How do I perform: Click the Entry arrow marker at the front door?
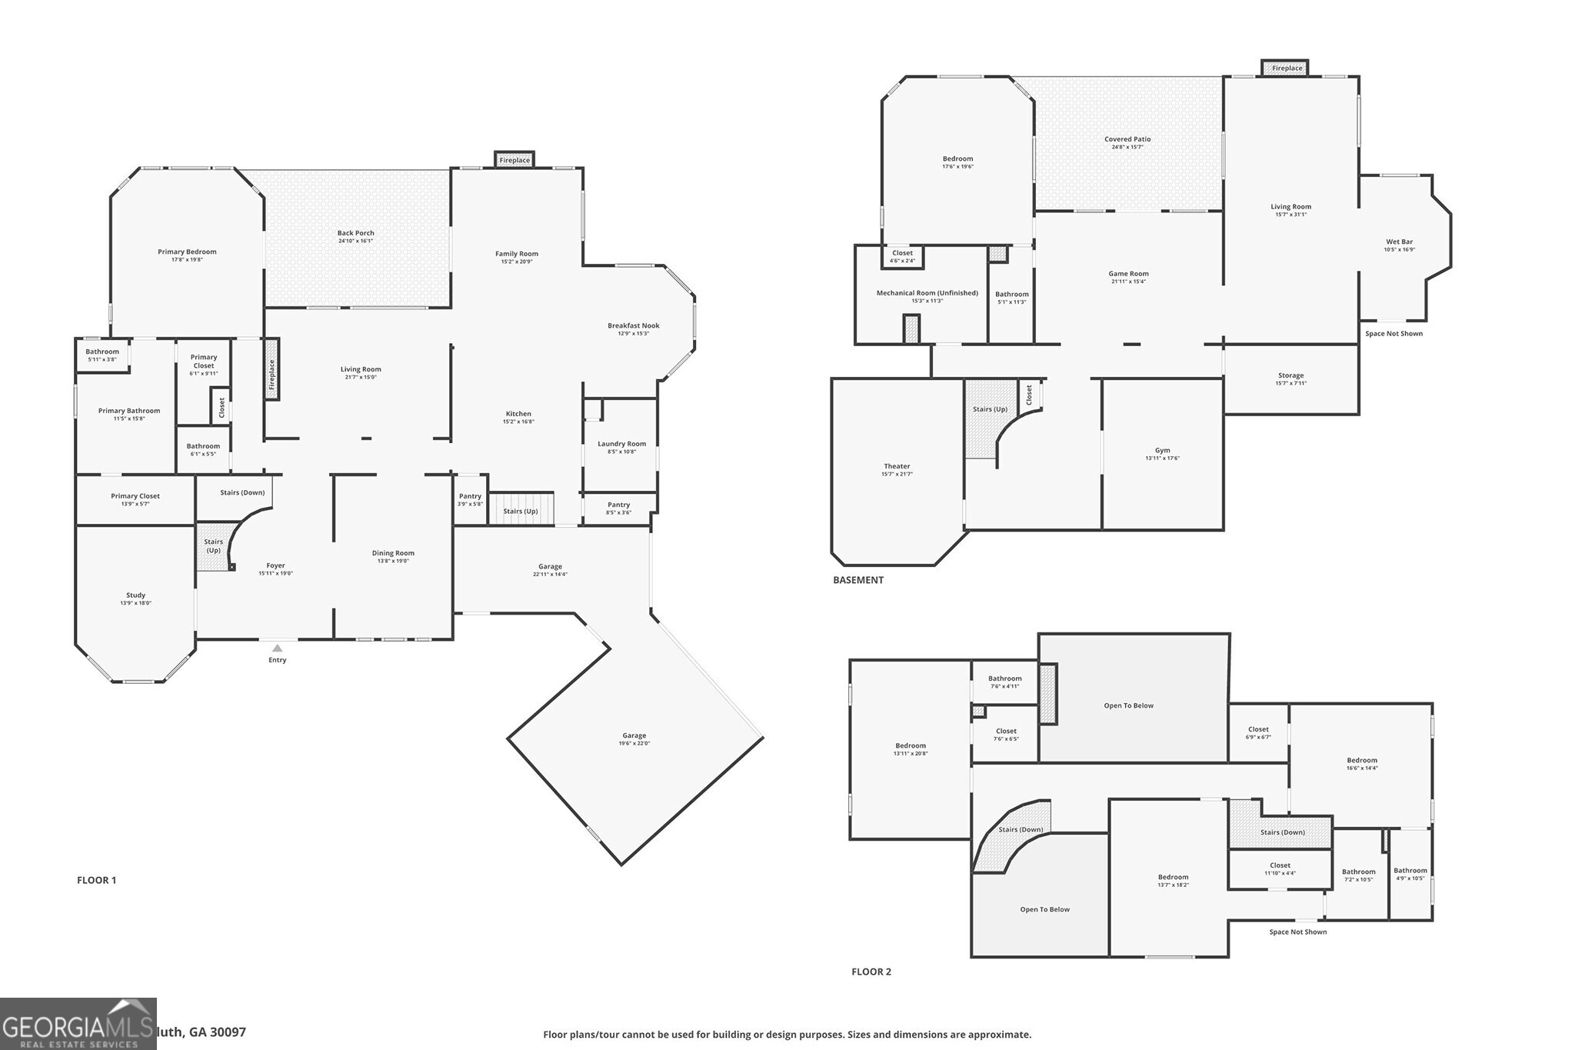pos(277,648)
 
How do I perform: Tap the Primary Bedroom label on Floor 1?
pos(187,252)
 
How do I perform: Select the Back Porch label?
pos(355,233)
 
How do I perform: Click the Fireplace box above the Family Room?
pos(514,160)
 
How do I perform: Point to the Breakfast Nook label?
pos(633,325)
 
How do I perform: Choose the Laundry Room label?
pos(621,444)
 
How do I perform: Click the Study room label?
pos(135,595)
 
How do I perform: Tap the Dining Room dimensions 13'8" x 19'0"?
pos(393,562)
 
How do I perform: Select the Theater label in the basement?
pos(897,466)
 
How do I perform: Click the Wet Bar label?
pos(1399,242)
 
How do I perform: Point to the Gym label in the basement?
pos(1162,450)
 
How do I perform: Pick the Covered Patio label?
pos(1127,139)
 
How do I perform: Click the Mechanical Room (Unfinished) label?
pos(927,293)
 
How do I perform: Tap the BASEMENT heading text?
pos(858,580)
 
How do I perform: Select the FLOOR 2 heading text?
pos(871,972)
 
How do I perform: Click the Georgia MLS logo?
pos(78,1024)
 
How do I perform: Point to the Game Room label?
pos(1128,274)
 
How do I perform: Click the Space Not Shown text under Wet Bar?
pos(1394,334)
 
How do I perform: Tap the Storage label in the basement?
pos(1290,375)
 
